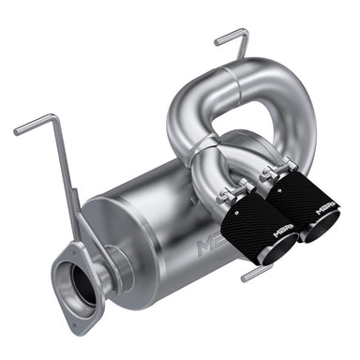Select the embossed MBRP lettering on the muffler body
(210, 245)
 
